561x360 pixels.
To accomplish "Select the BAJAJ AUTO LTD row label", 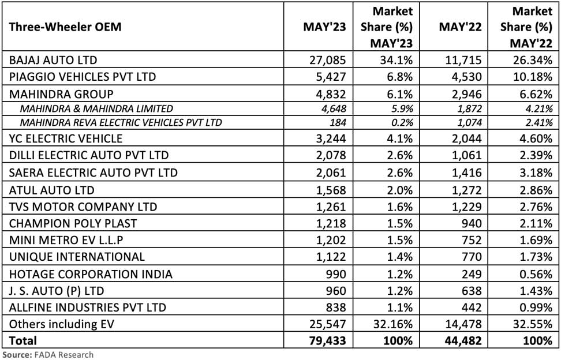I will point(50,59).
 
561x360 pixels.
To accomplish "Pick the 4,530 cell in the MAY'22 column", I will point(465,76).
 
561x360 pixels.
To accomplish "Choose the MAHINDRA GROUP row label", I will point(58,93).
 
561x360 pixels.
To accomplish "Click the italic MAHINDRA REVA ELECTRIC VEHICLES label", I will point(121,122).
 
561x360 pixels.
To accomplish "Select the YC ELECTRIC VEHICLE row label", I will point(63,138).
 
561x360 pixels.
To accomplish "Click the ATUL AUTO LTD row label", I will point(48,189).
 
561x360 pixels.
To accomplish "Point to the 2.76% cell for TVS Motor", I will point(536,206).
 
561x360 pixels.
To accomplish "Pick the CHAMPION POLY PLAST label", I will point(69,223).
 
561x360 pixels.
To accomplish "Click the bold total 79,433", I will point(327,341).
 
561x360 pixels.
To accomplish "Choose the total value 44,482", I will point(462,341).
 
